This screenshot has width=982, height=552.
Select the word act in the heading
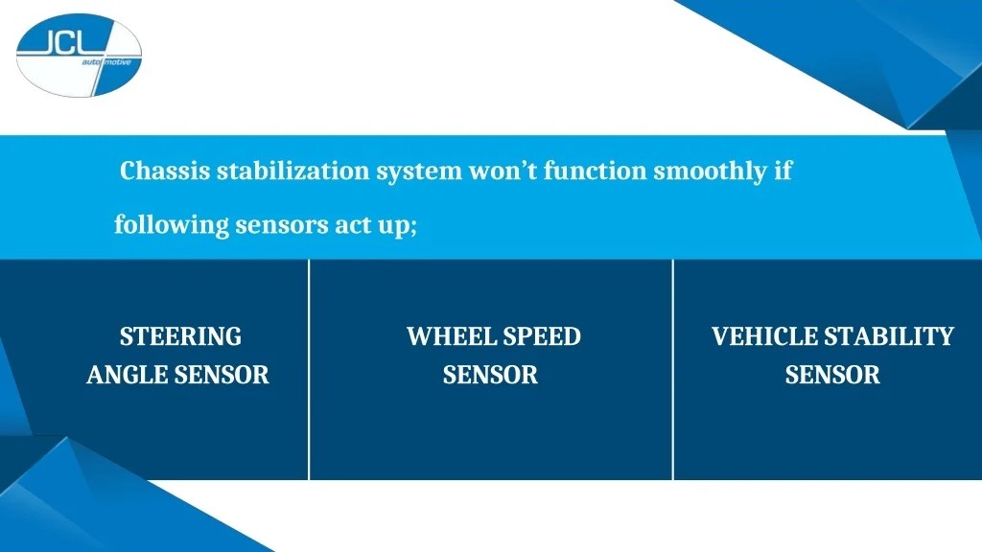click(355, 226)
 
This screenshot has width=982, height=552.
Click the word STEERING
click(180, 336)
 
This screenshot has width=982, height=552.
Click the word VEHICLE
click(764, 336)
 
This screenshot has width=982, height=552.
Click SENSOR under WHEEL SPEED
click(490, 375)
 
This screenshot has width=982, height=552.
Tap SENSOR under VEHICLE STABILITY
click(832, 375)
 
